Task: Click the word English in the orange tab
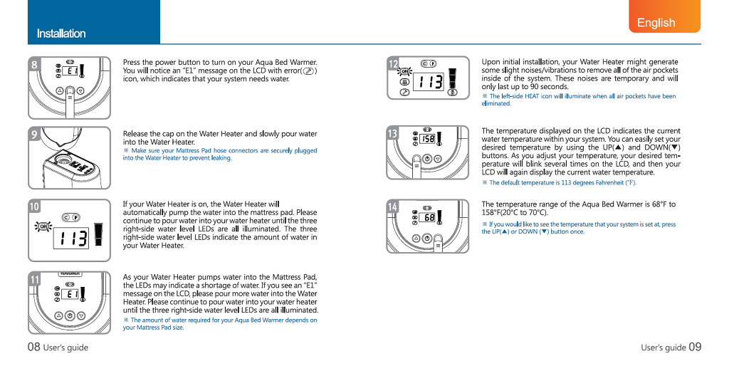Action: pyautogui.click(x=656, y=22)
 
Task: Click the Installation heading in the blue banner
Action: pyautogui.click(x=61, y=33)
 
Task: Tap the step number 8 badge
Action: pyautogui.click(x=34, y=64)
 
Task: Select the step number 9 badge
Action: pyautogui.click(x=34, y=134)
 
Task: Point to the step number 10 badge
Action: pyautogui.click(x=35, y=207)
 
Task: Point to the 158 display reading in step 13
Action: pyautogui.click(x=428, y=139)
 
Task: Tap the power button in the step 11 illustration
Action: pyautogui.click(x=70, y=315)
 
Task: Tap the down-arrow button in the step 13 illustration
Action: pyautogui.click(x=438, y=159)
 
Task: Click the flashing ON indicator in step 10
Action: pyautogui.click(x=43, y=226)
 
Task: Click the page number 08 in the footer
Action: pyautogui.click(x=33, y=348)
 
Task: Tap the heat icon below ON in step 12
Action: pyautogui.click(x=404, y=81)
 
